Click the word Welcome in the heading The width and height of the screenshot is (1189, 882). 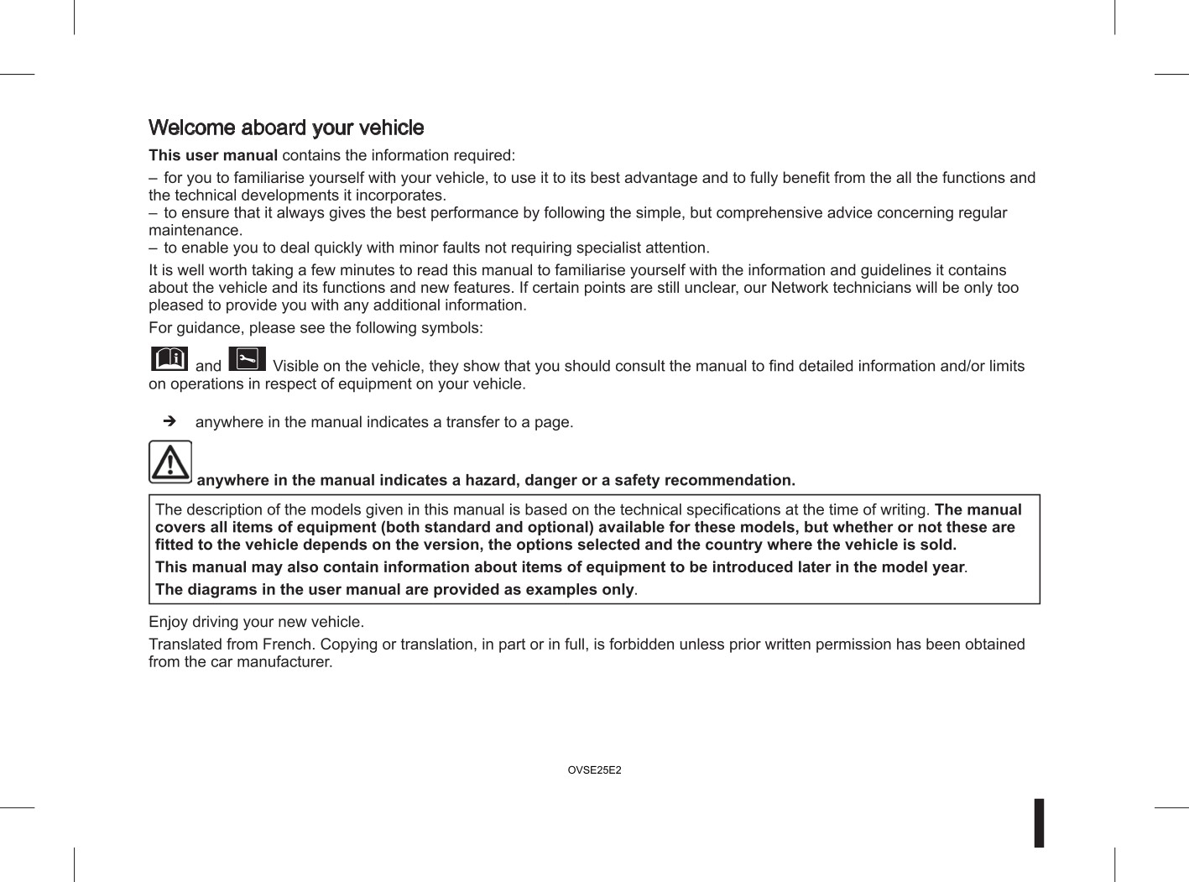191,128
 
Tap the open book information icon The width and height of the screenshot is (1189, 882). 169,358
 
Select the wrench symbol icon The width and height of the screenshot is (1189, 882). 247,358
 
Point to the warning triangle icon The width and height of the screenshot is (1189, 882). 170,462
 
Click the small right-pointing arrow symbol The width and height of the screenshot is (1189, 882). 169,420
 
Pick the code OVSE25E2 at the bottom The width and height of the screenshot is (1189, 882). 594,770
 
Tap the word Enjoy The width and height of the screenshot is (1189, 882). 168,622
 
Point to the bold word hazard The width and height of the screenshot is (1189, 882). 490,480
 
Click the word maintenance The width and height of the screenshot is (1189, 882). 195,230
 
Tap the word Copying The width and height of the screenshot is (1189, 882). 348,645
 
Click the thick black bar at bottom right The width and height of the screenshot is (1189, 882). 1039,822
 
